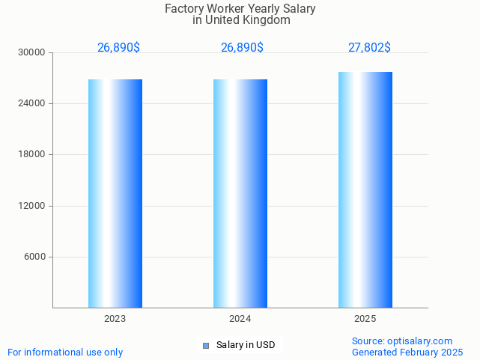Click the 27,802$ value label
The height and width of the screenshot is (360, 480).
coord(369,48)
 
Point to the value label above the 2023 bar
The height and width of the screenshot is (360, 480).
coord(118,48)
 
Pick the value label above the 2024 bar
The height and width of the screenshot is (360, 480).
coord(242,48)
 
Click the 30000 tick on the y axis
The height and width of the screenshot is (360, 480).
coord(33,52)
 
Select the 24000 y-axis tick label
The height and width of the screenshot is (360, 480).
coord(33,103)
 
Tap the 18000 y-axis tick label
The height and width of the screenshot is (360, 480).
coord(33,154)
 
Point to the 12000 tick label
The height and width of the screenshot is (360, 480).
coord(33,206)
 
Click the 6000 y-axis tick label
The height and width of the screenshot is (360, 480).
coord(35,257)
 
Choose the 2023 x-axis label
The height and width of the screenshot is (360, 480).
coord(115,319)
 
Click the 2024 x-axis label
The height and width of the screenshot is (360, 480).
coord(240,319)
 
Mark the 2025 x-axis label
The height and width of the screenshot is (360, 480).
coord(365,319)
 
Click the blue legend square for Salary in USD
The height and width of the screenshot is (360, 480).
coord(206,345)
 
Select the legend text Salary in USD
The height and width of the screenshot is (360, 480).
coord(246,345)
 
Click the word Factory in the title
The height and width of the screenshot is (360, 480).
coord(183,9)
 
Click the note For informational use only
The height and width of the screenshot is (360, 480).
coord(65,352)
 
